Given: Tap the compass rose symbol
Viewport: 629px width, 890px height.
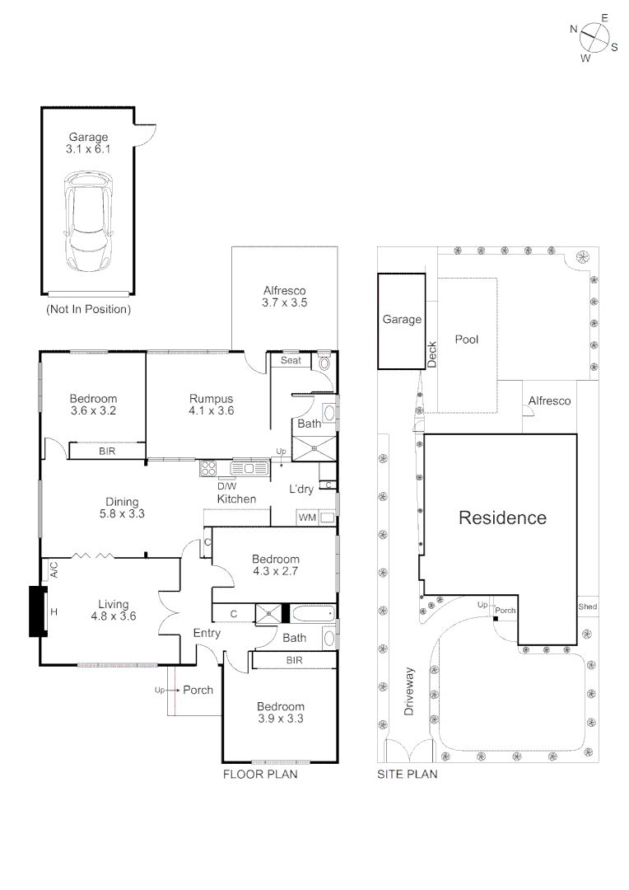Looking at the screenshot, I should click(x=594, y=36).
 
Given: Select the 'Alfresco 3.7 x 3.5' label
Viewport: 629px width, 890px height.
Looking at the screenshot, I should click(x=285, y=297).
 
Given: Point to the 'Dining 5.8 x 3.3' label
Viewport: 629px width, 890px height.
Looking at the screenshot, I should click(x=121, y=508).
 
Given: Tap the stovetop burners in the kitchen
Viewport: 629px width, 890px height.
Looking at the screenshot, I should click(x=208, y=469).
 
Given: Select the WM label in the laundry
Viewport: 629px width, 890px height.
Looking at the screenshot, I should click(x=306, y=518).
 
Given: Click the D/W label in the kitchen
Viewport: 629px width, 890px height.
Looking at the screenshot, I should click(x=226, y=486).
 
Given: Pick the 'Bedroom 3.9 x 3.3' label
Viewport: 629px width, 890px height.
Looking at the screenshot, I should click(x=280, y=713).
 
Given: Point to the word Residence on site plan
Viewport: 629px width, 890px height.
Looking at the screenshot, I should click(x=502, y=518).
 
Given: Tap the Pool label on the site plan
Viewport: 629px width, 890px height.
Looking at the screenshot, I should click(x=467, y=340).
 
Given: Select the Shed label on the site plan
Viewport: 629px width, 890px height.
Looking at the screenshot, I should click(x=587, y=607).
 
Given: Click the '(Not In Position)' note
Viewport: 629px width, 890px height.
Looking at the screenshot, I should click(x=88, y=310).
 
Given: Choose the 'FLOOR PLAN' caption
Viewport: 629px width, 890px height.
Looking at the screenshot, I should click(x=260, y=775).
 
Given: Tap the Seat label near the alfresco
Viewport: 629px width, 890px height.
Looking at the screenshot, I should click(x=291, y=360).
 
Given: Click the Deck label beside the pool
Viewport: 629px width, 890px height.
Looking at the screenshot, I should click(x=431, y=354).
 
